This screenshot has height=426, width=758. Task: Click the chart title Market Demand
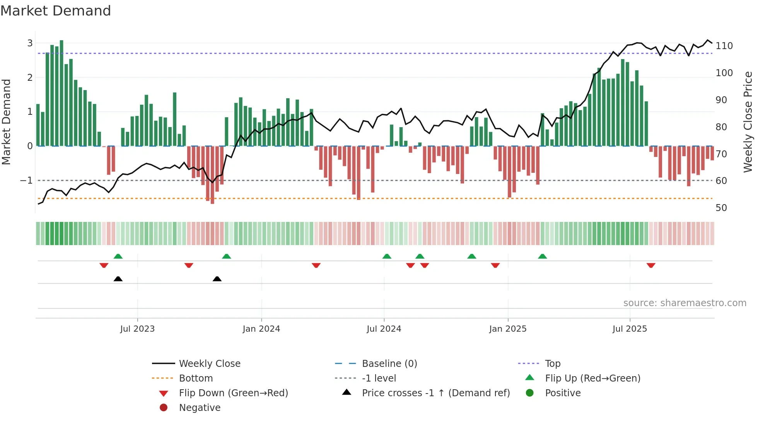coord(56,11)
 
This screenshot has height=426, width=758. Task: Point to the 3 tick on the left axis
coord(30,43)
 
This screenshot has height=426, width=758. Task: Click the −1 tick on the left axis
coord(26,181)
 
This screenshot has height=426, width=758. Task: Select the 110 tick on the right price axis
coord(724,46)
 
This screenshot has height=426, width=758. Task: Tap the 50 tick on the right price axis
coord(721,208)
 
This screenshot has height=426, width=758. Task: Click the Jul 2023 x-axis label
coord(137,329)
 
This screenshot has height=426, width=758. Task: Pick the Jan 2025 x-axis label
coord(507,329)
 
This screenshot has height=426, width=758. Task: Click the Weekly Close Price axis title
coord(748,122)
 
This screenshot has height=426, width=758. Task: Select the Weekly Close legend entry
coord(209,364)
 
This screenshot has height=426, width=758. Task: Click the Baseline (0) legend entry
coord(389,364)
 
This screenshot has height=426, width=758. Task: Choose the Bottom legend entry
coord(196,378)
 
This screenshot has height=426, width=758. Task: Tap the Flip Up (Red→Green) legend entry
coord(592,378)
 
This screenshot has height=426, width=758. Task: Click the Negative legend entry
coord(200,408)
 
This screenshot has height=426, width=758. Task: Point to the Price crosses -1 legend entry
coord(435,393)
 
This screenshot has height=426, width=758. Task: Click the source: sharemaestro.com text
coord(685,303)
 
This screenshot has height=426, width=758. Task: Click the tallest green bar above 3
coord(61,93)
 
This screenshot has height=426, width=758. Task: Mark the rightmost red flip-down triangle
coord(651,265)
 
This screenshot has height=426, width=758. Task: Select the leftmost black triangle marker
coord(118,279)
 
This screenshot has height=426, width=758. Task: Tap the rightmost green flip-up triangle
coord(543,256)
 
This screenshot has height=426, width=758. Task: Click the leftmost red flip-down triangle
coord(104,265)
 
